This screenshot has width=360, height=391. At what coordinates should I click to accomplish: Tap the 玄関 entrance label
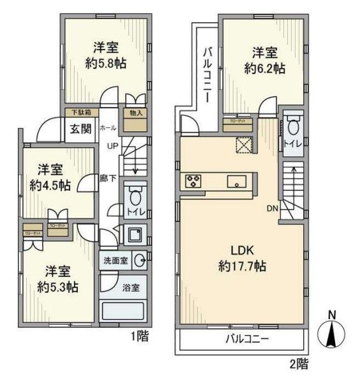[81, 128]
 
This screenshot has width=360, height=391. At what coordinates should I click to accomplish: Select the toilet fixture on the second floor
[293, 127]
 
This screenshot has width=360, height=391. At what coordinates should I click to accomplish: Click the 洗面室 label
[115, 260]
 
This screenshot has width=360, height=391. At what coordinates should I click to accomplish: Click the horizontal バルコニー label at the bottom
[246, 339]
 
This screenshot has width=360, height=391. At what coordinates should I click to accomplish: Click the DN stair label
[270, 208]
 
